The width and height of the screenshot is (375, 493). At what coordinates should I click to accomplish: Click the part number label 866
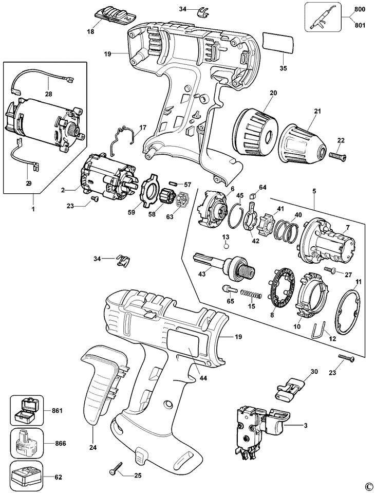click(x=60, y=444)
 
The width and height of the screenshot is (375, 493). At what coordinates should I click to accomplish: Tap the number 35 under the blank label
click(x=284, y=68)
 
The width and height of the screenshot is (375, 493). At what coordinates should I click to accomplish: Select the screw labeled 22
click(x=336, y=155)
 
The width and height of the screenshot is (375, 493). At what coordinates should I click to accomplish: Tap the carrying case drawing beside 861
click(x=27, y=410)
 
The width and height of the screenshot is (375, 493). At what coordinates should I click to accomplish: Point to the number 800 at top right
click(x=359, y=9)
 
